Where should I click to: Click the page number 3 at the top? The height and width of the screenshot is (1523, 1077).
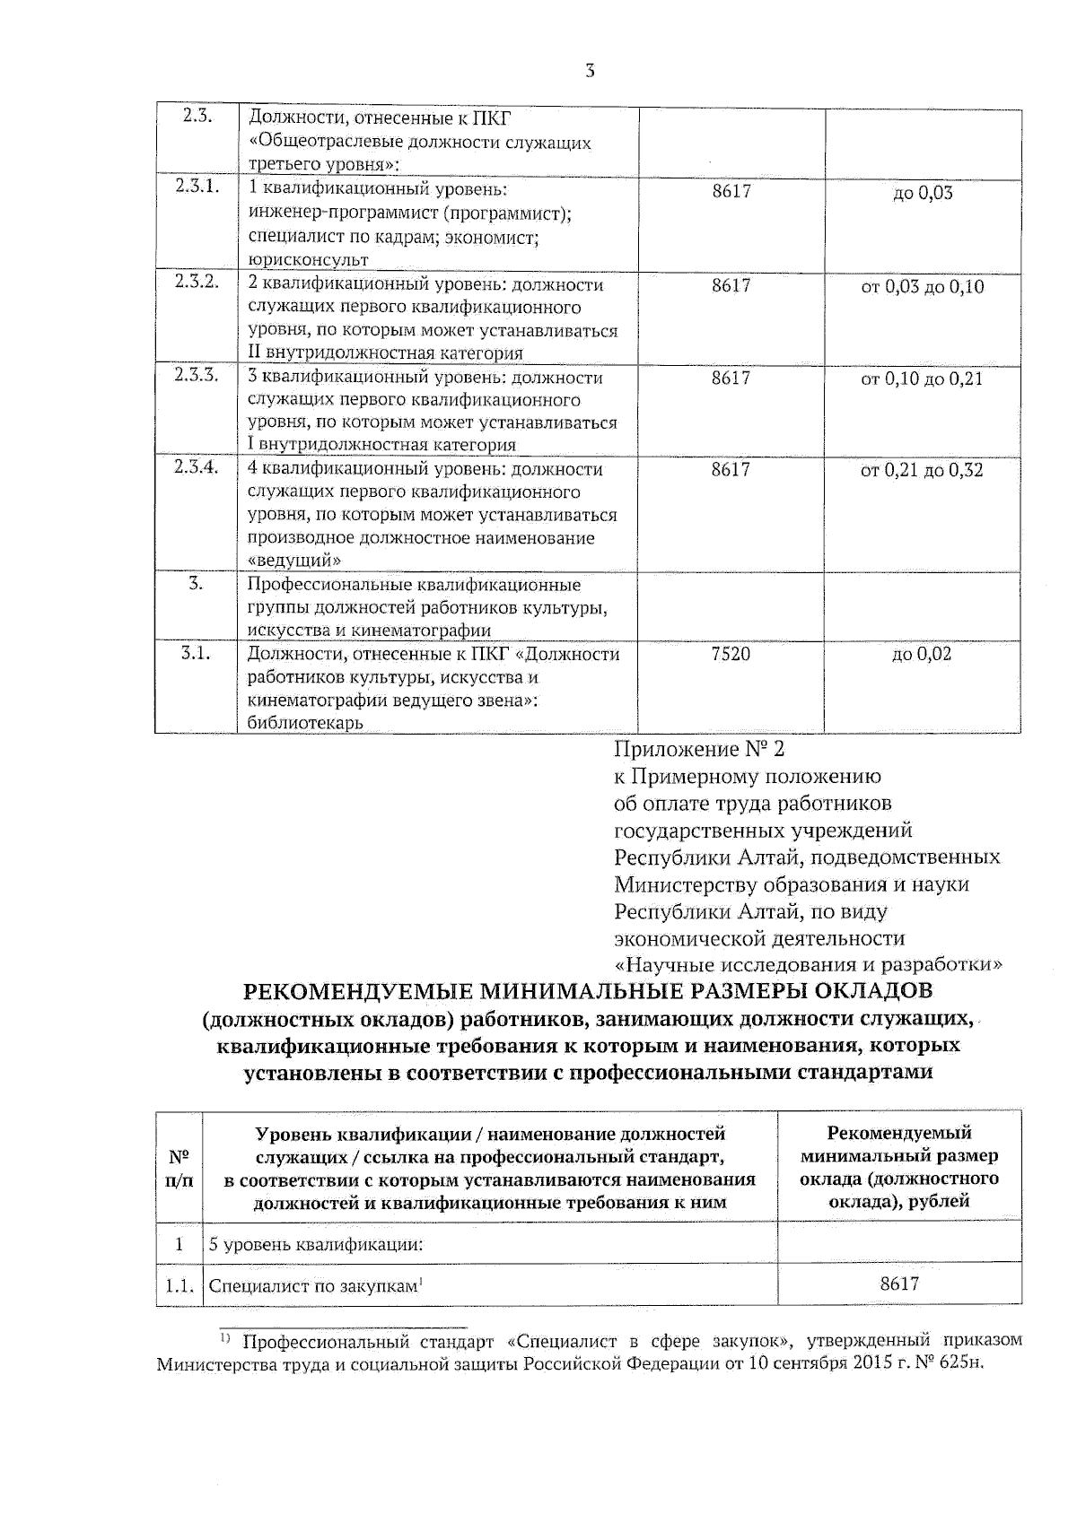click(x=590, y=71)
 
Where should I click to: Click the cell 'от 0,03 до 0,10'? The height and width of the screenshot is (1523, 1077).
click(x=922, y=287)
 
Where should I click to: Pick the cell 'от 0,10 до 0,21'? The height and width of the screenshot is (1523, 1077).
click(x=922, y=379)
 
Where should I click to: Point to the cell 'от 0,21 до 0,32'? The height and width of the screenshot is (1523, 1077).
click(x=922, y=471)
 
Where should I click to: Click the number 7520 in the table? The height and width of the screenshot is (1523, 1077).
click(x=730, y=654)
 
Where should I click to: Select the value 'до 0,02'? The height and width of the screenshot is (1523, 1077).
click(x=922, y=654)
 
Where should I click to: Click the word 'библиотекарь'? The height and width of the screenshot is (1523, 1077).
click(x=305, y=723)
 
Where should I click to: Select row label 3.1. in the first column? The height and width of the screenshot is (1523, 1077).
click(x=196, y=653)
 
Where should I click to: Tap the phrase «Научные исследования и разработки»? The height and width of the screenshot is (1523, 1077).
click(x=808, y=965)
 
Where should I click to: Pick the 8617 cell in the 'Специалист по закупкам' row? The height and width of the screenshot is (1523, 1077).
click(x=899, y=1284)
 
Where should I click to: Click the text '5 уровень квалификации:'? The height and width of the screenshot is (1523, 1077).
click(x=315, y=1245)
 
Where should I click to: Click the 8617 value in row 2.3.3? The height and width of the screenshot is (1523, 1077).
click(x=730, y=378)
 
